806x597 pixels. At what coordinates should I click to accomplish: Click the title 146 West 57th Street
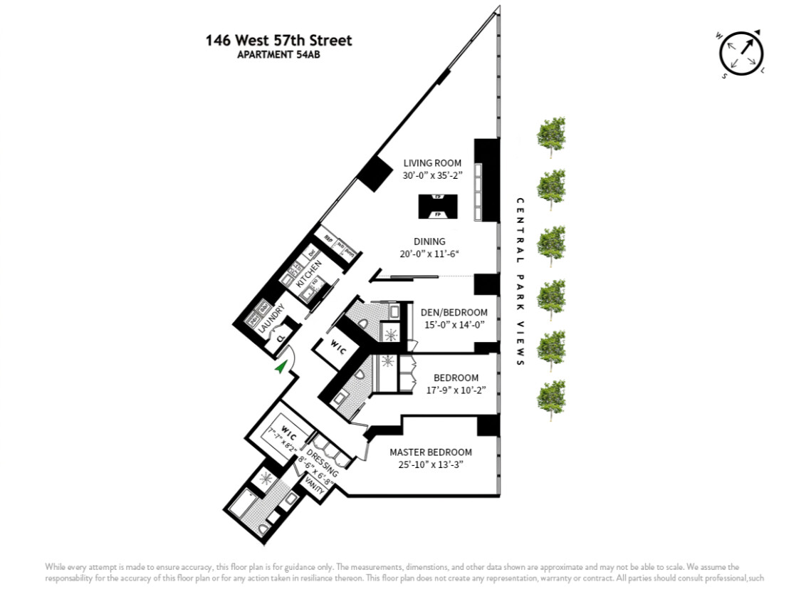click(x=278, y=41)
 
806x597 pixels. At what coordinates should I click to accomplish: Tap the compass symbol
click(x=741, y=52)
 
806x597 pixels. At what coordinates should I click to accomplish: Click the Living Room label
click(x=432, y=163)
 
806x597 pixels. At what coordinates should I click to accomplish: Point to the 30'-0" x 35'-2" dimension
click(x=432, y=176)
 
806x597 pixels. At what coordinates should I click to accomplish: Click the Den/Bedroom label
click(x=454, y=312)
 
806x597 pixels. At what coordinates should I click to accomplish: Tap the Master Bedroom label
click(x=431, y=452)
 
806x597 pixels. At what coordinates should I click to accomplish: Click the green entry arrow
click(x=282, y=366)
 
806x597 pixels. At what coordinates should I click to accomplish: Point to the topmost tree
click(x=551, y=134)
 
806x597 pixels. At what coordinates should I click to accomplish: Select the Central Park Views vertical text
click(x=520, y=281)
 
